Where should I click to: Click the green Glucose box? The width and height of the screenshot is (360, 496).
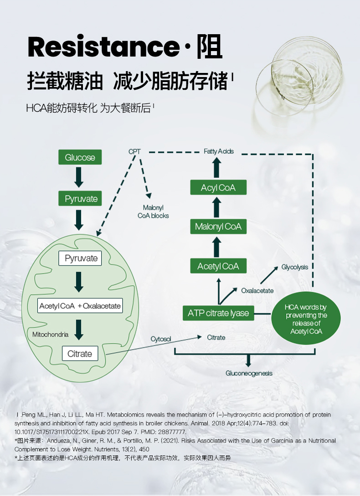pyautogui.click(x=80, y=157)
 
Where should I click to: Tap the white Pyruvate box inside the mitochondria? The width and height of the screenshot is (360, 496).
pyautogui.click(x=81, y=258)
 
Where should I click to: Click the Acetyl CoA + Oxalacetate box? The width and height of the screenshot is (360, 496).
pyautogui.click(x=80, y=306)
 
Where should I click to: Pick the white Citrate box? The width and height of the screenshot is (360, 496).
pyautogui.click(x=80, y=354)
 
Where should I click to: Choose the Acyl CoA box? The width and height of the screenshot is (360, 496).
pyautogui.click(x=218, y=187)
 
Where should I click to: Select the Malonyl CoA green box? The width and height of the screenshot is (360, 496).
pyautogui.click(x=218, y=227)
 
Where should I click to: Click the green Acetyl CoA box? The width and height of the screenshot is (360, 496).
pyautogui.click(x=218, y=266)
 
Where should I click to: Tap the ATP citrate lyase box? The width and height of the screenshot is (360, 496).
pyautogui.click(x=218, y=313)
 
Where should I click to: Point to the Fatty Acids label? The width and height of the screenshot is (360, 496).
pyautogui.click(x=219, y=151)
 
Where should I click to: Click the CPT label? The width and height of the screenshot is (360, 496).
pyautogui.click(x=134, y=151)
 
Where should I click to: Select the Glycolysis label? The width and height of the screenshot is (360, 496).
pyautogui.click(x=294, y=267)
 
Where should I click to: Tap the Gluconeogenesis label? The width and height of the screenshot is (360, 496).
pyautogui.click(x=249, y=373)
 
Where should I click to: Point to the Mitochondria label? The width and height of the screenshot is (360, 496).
pyautogui.click(x=50, y=335)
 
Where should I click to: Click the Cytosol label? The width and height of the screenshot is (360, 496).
pyautogui.click(x=161, y=339)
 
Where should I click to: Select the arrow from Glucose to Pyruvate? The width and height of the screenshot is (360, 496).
pyautogui.click(x=79, y=178)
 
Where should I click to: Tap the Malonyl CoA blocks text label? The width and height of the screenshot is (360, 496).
pyautogui.click(x=153, y=212)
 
